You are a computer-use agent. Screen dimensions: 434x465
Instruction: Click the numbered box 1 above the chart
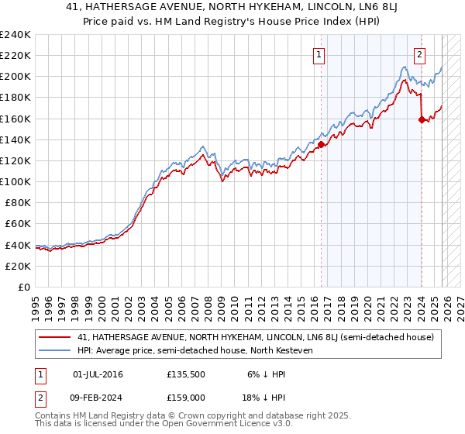pos(319,54)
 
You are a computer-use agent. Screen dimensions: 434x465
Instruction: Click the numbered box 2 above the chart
pos(419,54)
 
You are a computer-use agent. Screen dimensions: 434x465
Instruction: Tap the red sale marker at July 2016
pos(321,143)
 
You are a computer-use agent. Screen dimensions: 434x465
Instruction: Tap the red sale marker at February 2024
pos(422,119)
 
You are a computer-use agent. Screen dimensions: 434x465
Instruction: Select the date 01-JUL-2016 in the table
pos(98,374)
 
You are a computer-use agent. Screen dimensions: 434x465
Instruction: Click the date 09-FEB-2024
pos(98,397)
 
